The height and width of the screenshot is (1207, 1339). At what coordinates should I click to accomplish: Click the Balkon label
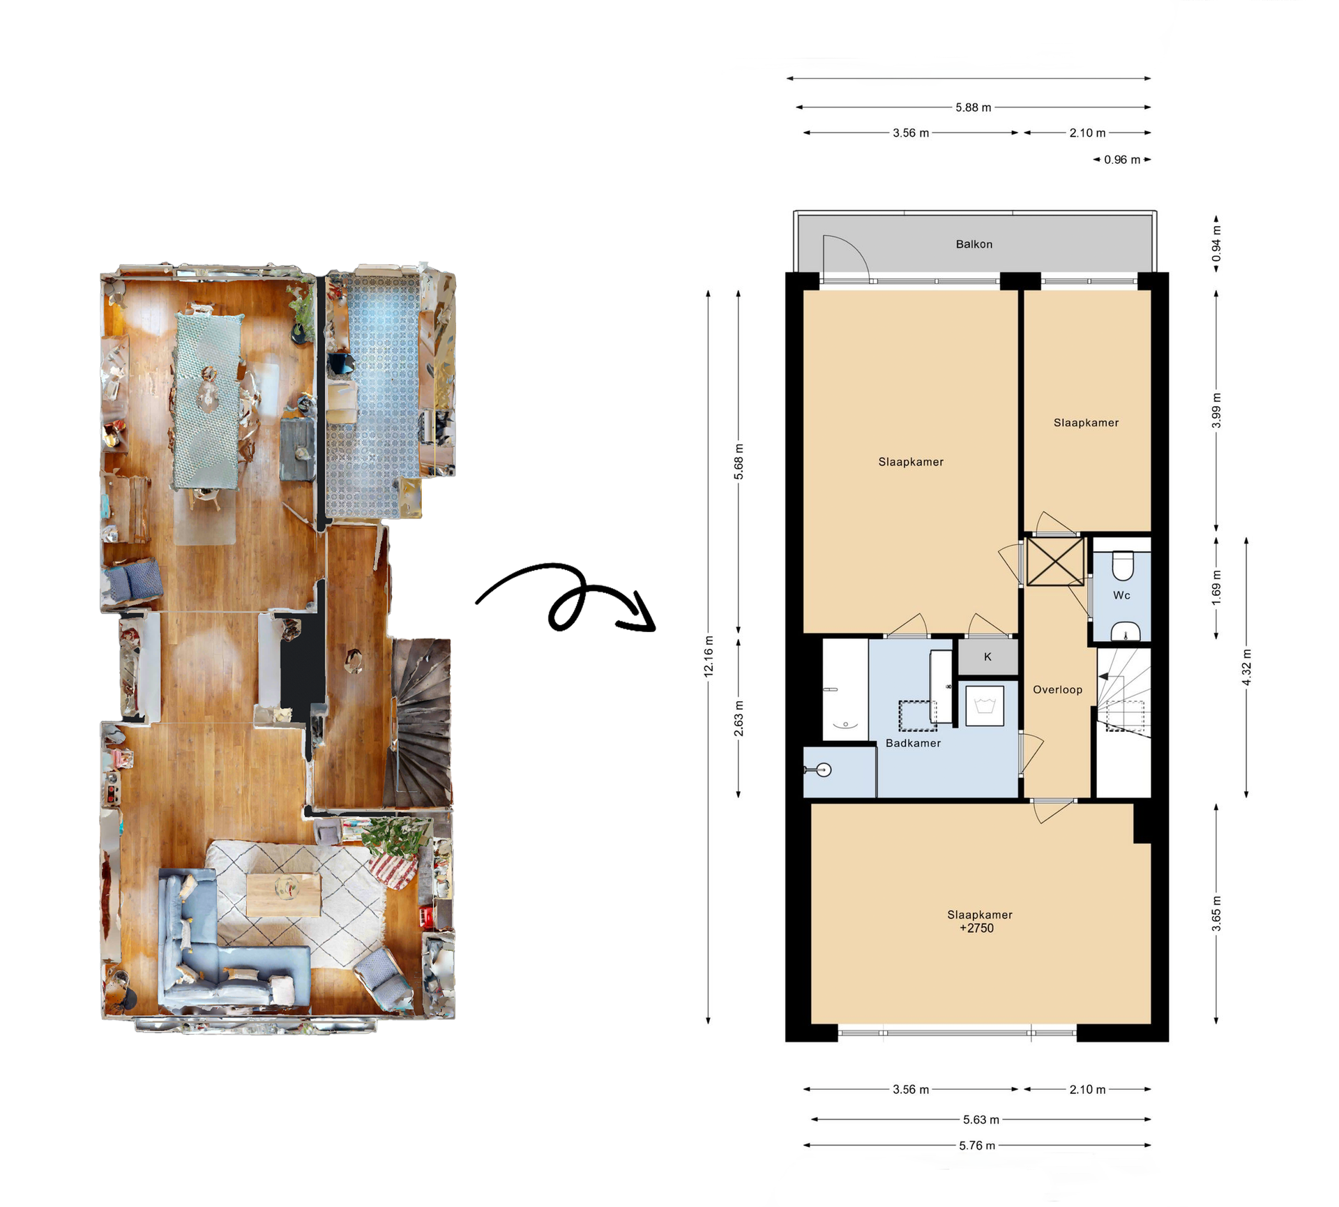point(974,244)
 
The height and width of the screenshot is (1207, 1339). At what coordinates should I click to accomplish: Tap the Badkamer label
point(913,743)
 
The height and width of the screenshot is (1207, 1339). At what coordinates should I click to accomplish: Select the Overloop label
point(1057,689)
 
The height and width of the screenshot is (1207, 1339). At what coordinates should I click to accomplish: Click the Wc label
point(1121,595)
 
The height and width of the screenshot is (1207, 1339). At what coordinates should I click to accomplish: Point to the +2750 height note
point(976,928)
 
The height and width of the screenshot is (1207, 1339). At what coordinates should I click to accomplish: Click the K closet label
point(988,657)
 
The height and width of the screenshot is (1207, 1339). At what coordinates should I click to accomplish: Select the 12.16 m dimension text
point(709,656)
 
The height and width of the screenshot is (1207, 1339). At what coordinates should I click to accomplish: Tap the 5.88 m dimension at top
point(973,107)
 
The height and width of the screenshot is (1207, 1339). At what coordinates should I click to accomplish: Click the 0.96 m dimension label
point(1121,160)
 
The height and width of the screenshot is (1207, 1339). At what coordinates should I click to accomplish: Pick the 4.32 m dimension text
point(1246,667)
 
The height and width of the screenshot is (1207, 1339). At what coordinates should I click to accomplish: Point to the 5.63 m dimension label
point(981,1120)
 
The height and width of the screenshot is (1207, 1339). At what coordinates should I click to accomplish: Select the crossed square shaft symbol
point(1055,561)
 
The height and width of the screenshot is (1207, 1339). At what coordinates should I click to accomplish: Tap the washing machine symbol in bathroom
point(985,706)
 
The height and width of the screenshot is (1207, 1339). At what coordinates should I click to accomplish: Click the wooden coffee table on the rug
point(284,894)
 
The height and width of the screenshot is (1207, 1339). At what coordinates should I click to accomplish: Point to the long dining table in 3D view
point(207,401)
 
